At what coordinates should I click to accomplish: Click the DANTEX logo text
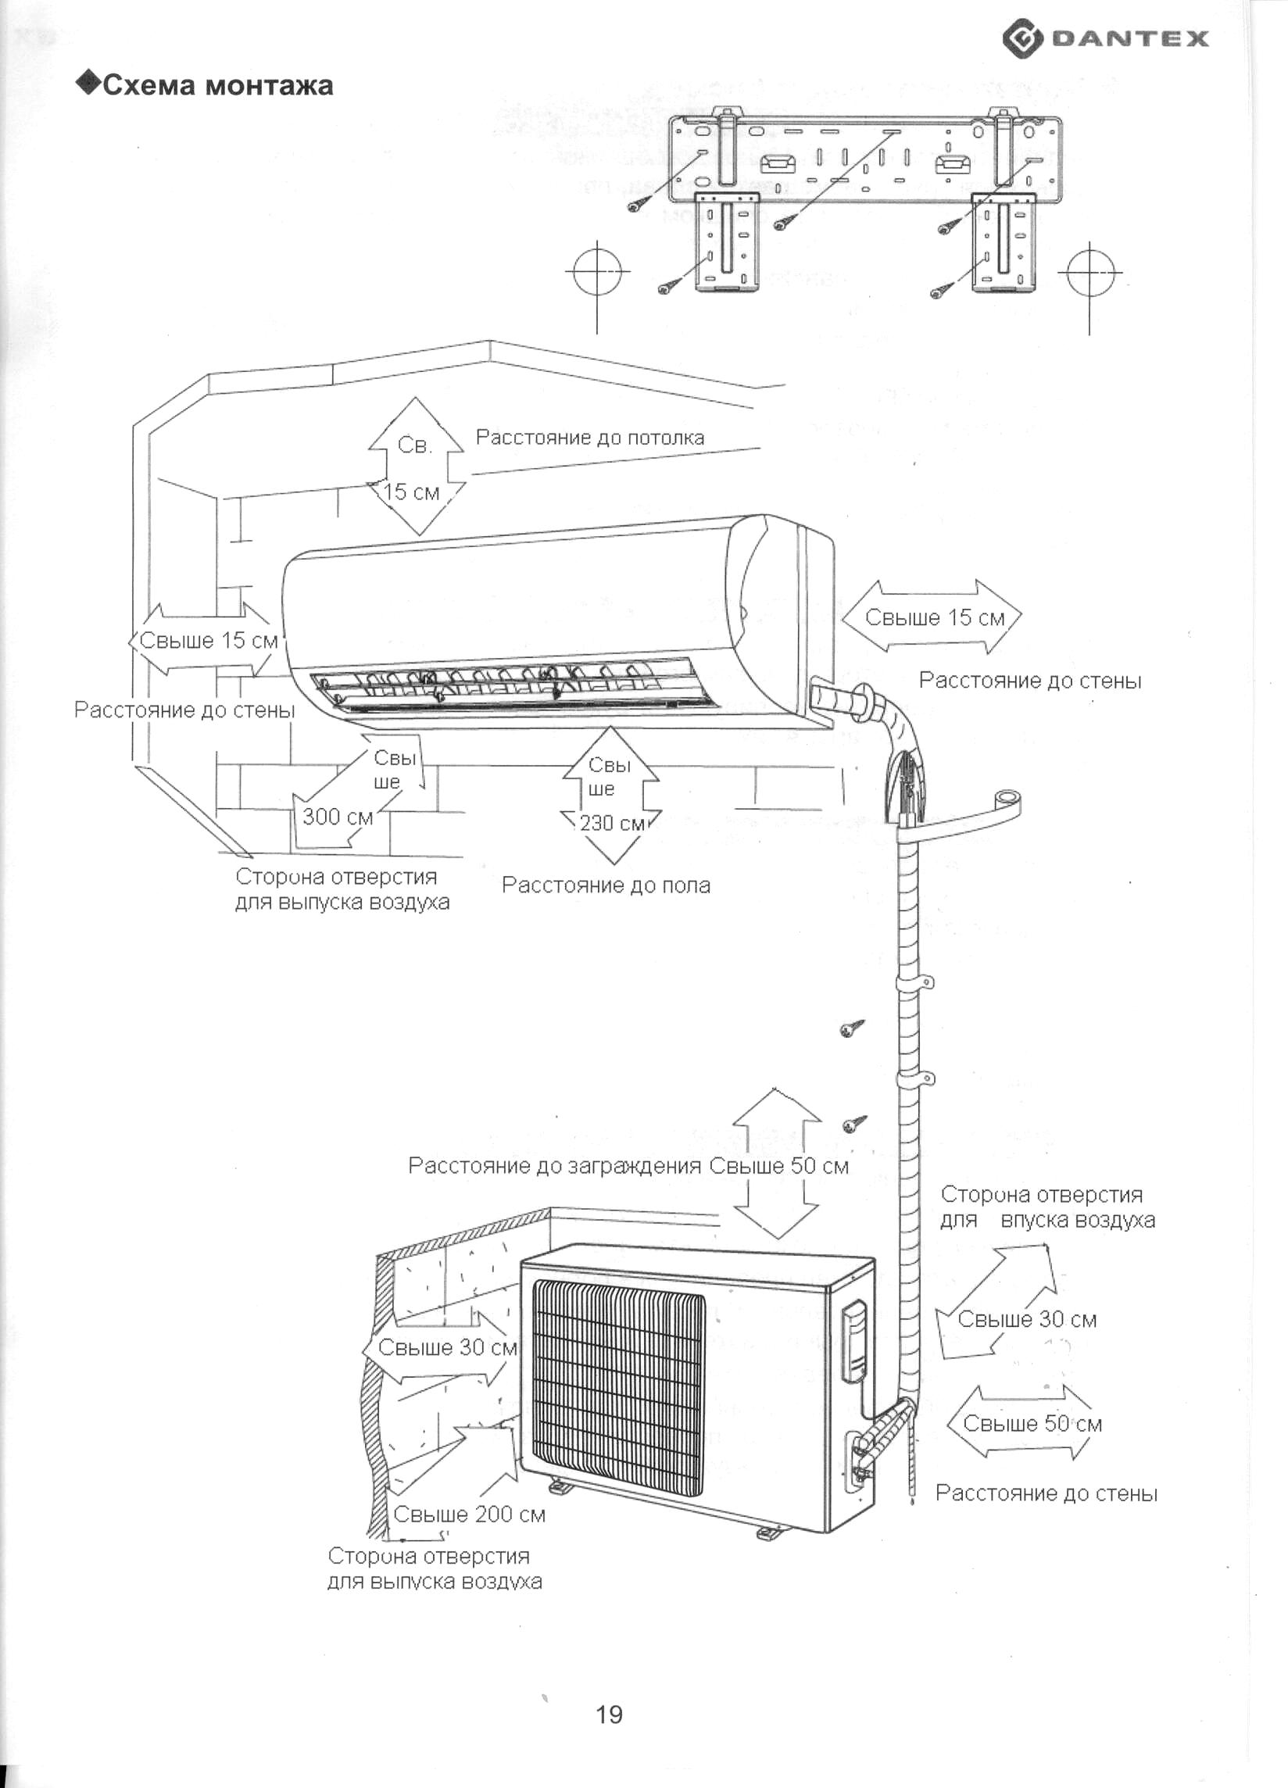pyautogui.click(x=1129, y=38)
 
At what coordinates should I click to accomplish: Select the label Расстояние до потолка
pyautogui.click(x=589, y=438)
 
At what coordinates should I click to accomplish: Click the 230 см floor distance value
pyautogui.click(x=612, y=823)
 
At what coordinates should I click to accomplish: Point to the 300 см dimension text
pyautogui.click(x=338, y=817)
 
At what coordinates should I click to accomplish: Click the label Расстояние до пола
pyautogui.click(x=606, y=885)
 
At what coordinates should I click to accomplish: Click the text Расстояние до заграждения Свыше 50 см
pyautogui.click(x=628, y=1166)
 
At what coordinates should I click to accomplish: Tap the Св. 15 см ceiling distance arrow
pyautogui.click(x=417, y=467)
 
